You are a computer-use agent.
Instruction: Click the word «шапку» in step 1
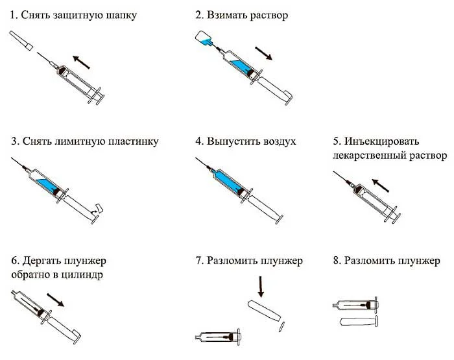(x=119, y=14)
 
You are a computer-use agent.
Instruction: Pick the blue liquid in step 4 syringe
(x=228, y=179)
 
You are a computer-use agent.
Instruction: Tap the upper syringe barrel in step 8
(x=357, y=304)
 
